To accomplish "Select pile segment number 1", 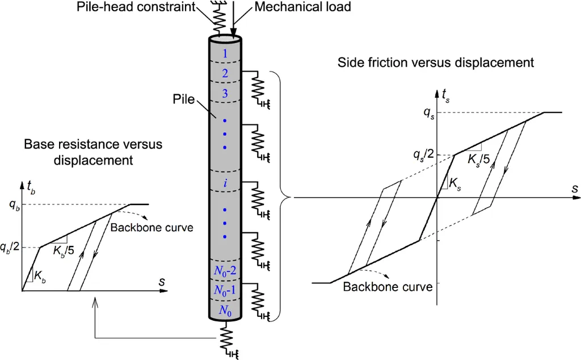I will pos(226,54).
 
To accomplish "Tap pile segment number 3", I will pos(226,94).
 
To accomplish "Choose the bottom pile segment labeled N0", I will pos(226,311).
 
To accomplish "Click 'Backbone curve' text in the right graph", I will pos(388,286).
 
